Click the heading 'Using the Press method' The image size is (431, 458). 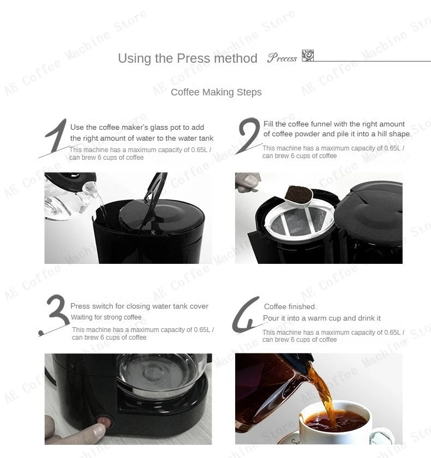(x=187, y=58)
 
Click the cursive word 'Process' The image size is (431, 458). (x=282, y=58)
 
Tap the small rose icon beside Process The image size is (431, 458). (x=308, y=56)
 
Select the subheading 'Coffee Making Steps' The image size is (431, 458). (x=216, y=92)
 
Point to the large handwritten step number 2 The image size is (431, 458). (x=249, y=135)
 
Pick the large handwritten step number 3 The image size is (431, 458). (x=55, y=315)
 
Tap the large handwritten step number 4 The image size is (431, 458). (x=247, y=316)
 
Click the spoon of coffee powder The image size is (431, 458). (x=297, y=194)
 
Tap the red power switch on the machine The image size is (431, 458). (x=104, y=420)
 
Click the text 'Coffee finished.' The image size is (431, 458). (x=290, y=307)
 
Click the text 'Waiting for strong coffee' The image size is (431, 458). (x=106, y=317)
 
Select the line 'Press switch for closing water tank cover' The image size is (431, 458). (x=139, y=306)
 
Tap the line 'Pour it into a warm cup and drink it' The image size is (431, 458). (x=322, y=318)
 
